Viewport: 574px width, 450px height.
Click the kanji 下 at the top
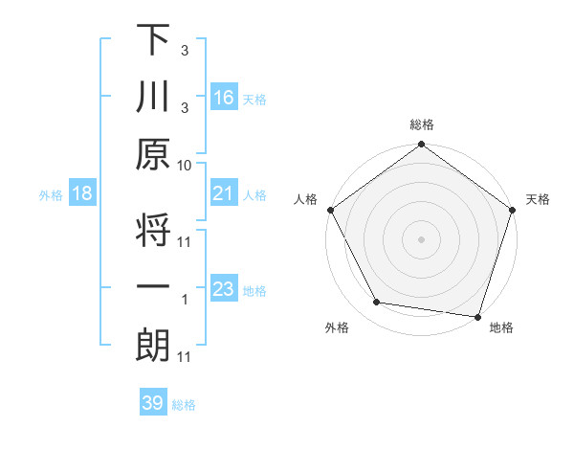pyautogui.click(x=153, y=40)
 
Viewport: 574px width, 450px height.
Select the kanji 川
pyautogui.click(x=153, y=97)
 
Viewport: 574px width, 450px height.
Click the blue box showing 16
pyautogui.click(x=223, y=98)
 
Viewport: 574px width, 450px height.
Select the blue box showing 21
pyautogui.click(x=223, y=194)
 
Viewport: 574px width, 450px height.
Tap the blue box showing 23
pyautogui.click(x=223, y=289)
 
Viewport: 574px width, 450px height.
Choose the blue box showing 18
pyautogui.click(x=82, y=194)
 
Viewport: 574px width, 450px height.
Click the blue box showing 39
pyautogui.click(x=152, y=403)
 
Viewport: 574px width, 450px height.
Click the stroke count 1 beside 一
pyautogui.click(x=185, y=299)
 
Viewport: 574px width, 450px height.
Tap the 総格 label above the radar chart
pyautogui.click(x=421, y=124)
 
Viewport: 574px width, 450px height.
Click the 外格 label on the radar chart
pyautogui.click(x=337, y=328)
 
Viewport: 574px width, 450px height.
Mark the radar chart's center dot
pyautogui.click(x=421, y=238)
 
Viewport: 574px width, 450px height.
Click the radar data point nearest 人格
pyautogui.click(x=330, y=210)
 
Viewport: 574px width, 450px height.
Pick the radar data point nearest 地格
pyautogui.click(x=477, y=315)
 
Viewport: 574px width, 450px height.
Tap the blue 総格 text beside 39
pyautogui.click(x=184, y=405)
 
